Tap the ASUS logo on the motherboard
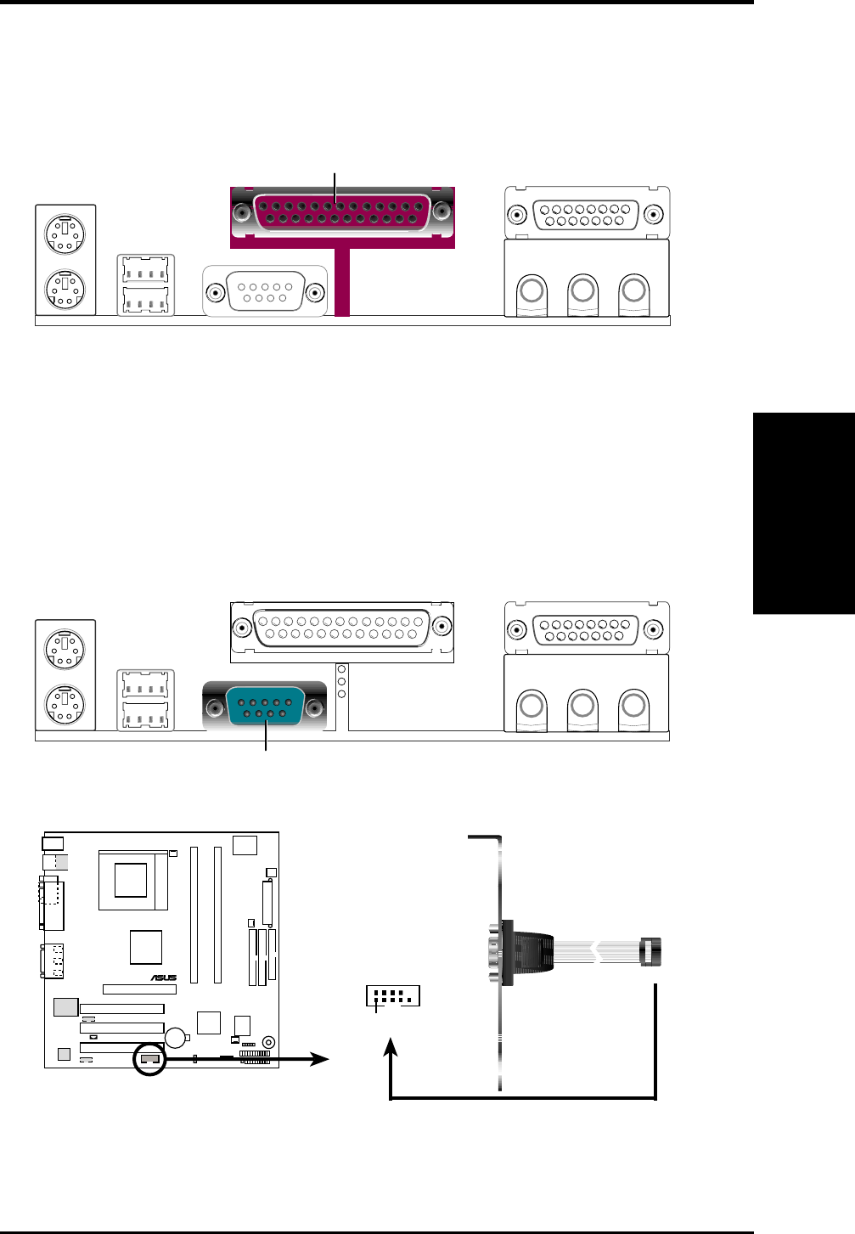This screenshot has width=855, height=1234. pyautogui.click(x=164, y=978)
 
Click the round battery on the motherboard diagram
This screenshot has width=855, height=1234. pyautogui.click(x=177, y=1037)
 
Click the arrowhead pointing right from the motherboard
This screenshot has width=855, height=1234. pyautogui.click(x=321, y=1059)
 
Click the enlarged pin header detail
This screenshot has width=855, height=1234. pyautogui.click(x=393, y=996)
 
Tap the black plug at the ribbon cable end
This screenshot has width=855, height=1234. pyautogui.click(x=651, y=951)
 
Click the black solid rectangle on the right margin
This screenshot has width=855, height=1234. pyautogui.click(x=803, y=513)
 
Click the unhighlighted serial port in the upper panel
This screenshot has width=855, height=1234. pyautogui.click(x=265, y=292)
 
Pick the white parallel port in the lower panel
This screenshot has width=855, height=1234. pyautogui.click(x=342, y=628)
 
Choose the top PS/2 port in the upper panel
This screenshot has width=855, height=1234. pyautogui.click(x=65, y=230)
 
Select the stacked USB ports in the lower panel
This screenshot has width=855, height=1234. pyautogui.click(x=145, y=700)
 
